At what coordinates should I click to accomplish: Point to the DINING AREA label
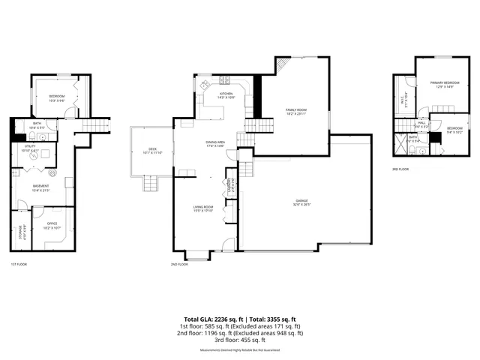tap(217, 143)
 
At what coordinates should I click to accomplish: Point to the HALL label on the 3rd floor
tap(421, 124)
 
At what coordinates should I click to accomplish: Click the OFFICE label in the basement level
tap(52, 224)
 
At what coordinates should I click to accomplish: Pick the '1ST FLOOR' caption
tap(19, 265)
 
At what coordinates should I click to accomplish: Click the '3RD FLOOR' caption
tap(400, 169)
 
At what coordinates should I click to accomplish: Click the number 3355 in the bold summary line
tap(271, 319)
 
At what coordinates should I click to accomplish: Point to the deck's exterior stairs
tap(151, 184)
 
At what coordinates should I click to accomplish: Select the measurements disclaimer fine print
tap(240, 350)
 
